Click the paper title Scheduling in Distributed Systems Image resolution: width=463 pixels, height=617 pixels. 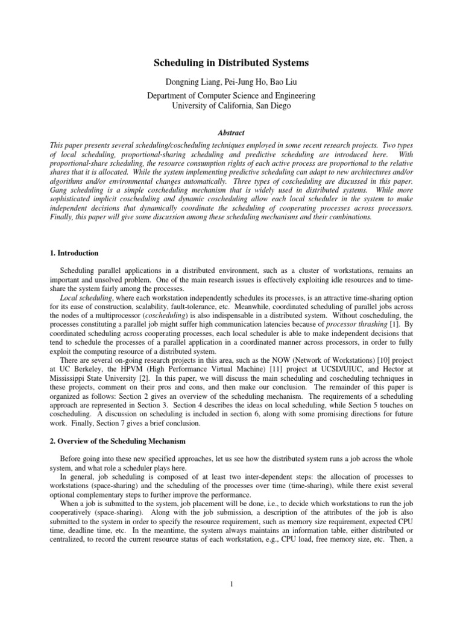231,62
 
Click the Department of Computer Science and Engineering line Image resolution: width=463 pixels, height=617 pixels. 231,96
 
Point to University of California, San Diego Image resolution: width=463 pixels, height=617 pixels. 231,106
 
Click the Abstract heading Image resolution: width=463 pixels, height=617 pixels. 231,133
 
